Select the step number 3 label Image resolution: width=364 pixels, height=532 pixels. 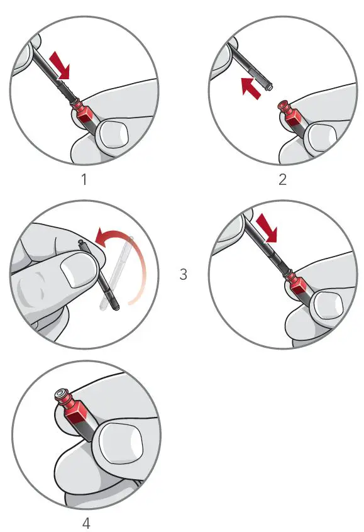pyautogui.click(x=183, y=275)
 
